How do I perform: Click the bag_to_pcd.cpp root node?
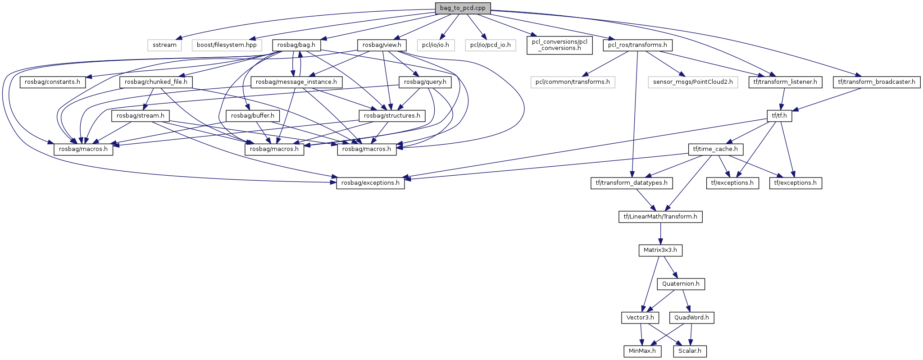[463, 8]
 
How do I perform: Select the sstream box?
[164, 45]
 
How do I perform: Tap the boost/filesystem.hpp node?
[227, 45]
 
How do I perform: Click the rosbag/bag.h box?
[296, 45]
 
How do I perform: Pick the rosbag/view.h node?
[382, 45]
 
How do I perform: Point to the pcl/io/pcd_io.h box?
[490, 45]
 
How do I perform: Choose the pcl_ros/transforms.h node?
[637, 45]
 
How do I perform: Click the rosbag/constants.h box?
[52, 82]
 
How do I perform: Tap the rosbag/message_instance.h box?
[296, 82]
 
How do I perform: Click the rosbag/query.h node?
[425, 82]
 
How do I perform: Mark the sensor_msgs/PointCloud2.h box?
[693, 82]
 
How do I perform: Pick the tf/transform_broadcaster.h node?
[877, 82]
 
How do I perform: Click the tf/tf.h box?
[779, 116]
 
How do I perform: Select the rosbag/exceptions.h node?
[370, 183]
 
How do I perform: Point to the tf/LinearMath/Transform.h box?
[660, 217]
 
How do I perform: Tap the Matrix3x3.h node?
[660, 250]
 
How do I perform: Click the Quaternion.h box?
[681, 284]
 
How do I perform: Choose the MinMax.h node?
[642, 351]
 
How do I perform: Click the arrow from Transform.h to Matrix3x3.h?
[660, 233]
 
